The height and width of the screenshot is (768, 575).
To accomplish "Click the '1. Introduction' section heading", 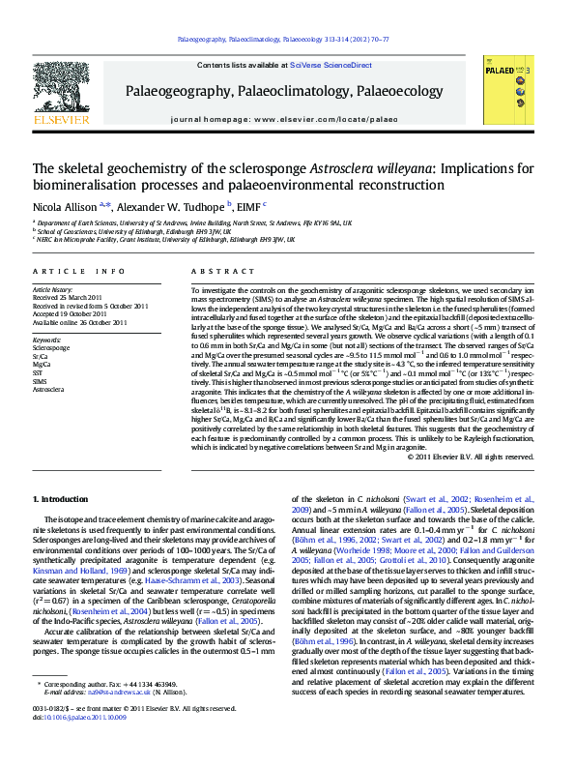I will tap(61, 498).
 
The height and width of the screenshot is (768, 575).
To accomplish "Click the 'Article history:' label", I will tap(53, 290).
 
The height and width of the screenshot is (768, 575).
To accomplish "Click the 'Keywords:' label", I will tap(47, 340).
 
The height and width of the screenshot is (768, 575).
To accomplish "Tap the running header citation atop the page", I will tap(287, 41).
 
